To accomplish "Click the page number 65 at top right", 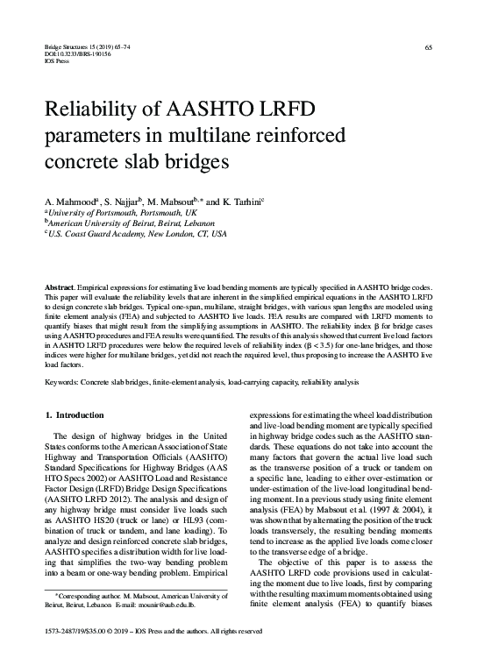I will [x=428, y=46].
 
